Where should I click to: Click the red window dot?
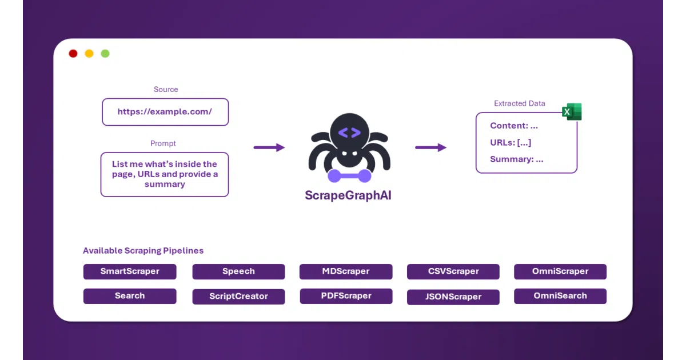[x=73, y=54]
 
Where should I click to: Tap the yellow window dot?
[x=89, y=54]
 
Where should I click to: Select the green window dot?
[x=105, y=54]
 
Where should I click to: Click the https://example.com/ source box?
[x=165, y=112]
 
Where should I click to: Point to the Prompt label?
[x=163, y=143]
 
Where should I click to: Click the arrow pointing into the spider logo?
[x=269, y=147]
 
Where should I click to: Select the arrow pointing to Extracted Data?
[x=430, y=147]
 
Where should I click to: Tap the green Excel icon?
[x=572, y=112]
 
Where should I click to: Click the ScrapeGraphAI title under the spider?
[x=348, y=195]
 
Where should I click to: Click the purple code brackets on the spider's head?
[x=349, y=133]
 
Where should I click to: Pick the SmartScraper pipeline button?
[x=130, y=271]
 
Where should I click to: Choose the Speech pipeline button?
[x=238, y=271]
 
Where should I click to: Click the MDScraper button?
[x=346, y=271]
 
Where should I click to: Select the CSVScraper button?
[x=453, y=271]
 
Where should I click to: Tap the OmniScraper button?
[x=560, y=271]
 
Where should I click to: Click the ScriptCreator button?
[x=238, y=297]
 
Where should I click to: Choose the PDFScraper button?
[x=346, y=296]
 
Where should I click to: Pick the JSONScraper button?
[x=453, y=297]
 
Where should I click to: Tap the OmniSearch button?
[x=560, y=296]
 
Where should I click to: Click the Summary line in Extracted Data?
[x=517, y=159]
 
